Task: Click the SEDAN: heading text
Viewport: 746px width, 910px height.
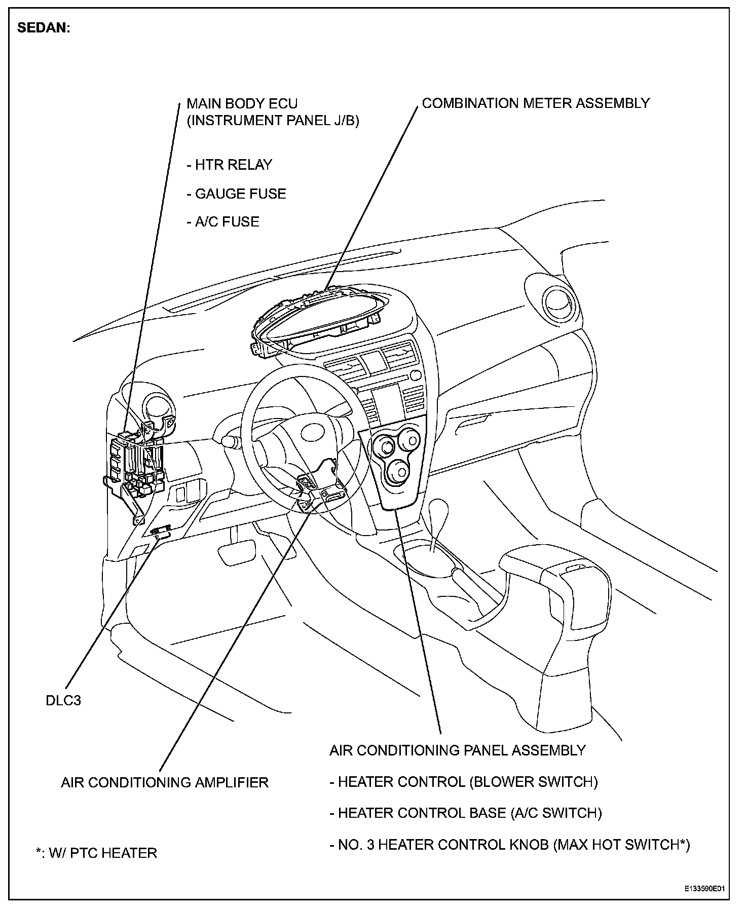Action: tap(44, 28)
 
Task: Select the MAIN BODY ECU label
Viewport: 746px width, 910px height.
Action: tap(242, 104)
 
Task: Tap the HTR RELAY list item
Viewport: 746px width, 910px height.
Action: tap(230, 165)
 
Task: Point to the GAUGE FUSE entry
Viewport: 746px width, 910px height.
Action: tap(237, 194)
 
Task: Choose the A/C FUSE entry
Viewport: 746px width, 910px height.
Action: tap(223, 222)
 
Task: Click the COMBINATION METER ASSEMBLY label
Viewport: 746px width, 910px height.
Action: tap(536, 103)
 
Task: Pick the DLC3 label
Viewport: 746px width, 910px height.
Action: tap(63, 701)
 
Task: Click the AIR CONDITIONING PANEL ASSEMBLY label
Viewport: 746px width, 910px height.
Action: tap(458, 750)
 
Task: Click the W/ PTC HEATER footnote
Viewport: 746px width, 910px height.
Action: tap(97, 853)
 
